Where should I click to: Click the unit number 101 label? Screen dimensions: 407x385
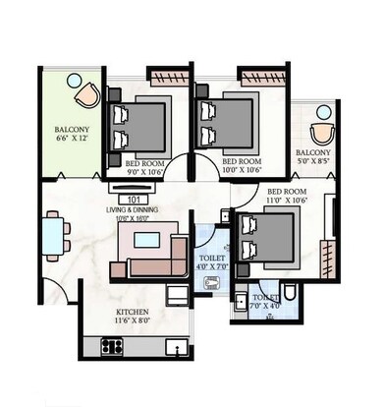(x=133, y=200)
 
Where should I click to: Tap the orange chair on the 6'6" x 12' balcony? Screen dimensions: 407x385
(x=88, y=93)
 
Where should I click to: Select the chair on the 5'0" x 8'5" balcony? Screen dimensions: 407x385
(x=320, y=136)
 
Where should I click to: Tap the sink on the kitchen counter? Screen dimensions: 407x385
(x=174, y=346)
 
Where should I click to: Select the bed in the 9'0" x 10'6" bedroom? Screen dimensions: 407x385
(x=137, y=125)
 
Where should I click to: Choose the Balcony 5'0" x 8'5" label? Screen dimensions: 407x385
(x=313, y=158)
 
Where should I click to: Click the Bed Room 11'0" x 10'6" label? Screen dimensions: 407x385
(x=288, y=196)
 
